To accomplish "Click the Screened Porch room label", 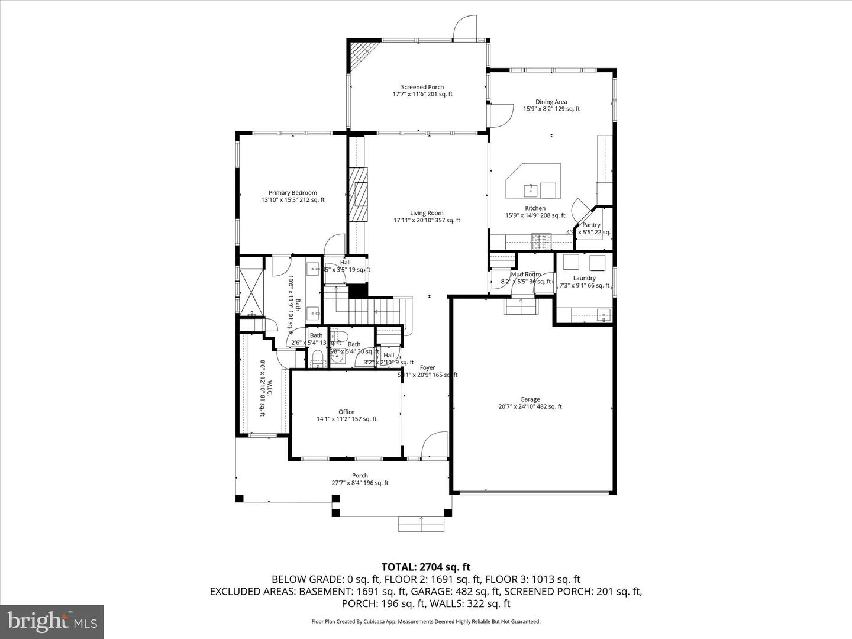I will tap(422, 87).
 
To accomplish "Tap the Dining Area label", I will tap(551, 102).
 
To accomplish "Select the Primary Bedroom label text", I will tap(292, 193).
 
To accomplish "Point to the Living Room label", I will tap(427, 213).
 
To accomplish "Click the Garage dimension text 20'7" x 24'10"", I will tap(530, 406).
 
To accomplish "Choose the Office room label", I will tap(346, 412).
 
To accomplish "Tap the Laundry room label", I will tap(584, 278).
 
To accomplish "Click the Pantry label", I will tap(591, 225).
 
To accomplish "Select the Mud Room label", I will tap(525, 275).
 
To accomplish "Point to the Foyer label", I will tap(427, 367).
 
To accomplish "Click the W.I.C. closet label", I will tap(269, 389).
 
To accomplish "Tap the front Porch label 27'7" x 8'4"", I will tap(360, 483).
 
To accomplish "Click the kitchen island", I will tap(532, 181).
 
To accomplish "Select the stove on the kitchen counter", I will tap(541, 241).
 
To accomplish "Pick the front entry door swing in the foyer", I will tap(435, 444).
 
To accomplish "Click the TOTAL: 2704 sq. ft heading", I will tap(425, 567).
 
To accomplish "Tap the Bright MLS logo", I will tap(52, 621).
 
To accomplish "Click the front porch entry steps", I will tap(421, 524).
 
